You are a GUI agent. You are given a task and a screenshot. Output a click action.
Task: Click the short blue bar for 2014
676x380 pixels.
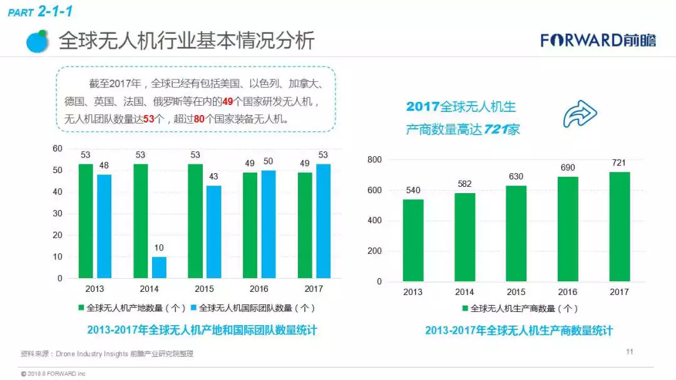coord(159,267)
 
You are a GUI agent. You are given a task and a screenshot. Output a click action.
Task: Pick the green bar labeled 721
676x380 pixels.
coord(619,226)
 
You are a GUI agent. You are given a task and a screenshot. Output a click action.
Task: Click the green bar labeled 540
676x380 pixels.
coord(412,240)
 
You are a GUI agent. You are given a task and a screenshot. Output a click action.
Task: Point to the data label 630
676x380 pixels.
coord(516,176)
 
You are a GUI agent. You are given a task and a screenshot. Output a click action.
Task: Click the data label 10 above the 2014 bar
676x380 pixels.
coord(159,248)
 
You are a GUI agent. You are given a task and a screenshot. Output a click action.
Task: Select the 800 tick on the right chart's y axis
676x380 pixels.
coord(374,160)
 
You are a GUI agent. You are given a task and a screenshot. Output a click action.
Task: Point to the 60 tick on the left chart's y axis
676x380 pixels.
coord(58,148)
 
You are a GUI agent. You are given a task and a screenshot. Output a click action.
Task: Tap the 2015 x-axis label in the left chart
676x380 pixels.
coord(204,289)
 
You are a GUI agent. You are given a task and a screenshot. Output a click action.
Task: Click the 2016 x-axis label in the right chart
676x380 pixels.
coord(567,292)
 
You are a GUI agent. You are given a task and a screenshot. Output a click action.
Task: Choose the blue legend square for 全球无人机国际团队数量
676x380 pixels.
coord(194,308)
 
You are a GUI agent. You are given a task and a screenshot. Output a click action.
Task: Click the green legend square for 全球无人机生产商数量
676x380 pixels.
coord(465,308)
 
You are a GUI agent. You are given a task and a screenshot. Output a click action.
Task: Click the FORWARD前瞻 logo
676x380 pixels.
coord(598,41)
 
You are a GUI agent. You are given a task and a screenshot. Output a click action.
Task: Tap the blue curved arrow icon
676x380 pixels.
coord(580,114)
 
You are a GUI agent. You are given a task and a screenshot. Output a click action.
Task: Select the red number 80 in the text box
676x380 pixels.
coord(200,119)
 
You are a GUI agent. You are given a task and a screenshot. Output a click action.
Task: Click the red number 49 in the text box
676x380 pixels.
coord(228,101)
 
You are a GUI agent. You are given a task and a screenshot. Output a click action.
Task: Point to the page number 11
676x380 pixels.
coord(630,352)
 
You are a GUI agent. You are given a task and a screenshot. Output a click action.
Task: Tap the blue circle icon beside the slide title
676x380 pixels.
coord(38,41)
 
